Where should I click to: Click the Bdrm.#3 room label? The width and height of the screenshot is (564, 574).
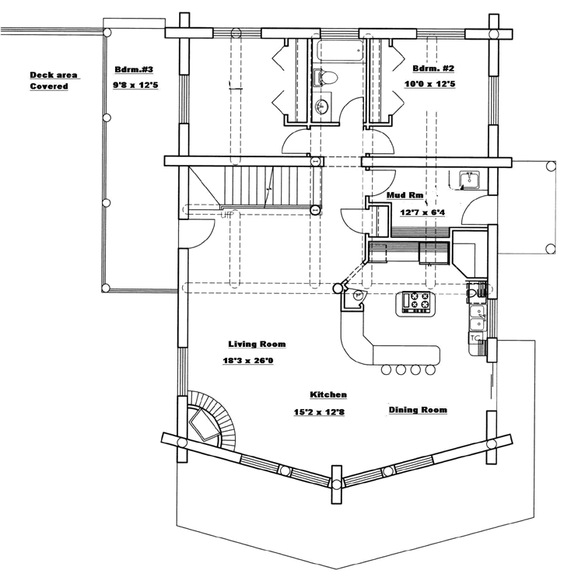(134, 69)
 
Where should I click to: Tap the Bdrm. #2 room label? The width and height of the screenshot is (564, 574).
(433, 68)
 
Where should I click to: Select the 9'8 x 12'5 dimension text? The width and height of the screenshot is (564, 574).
(135, 86)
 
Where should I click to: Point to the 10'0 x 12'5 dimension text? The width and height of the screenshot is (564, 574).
(429, 84)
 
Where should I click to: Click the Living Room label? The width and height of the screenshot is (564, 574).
(257, 344)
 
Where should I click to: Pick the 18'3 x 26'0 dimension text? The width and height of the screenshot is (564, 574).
(248, 361)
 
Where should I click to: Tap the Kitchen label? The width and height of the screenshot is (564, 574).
(328, 394)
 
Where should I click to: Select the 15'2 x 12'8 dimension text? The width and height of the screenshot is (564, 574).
(319, 411)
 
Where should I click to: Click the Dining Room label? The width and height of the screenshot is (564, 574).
(418, 410)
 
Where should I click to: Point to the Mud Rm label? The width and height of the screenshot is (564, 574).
(405, 195)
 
